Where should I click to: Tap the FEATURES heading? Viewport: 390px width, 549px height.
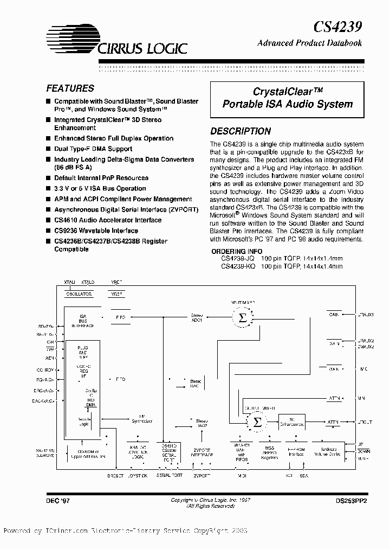tap(70, 88)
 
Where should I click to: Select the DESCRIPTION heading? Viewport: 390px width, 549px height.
tap(240, 131)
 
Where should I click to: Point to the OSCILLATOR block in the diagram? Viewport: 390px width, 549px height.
tap(79, 293)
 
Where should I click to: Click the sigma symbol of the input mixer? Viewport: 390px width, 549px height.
tap(242, 318)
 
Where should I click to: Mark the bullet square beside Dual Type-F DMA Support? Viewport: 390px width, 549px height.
tap(48, 149)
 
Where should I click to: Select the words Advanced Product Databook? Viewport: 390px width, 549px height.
tap(310, 43)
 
